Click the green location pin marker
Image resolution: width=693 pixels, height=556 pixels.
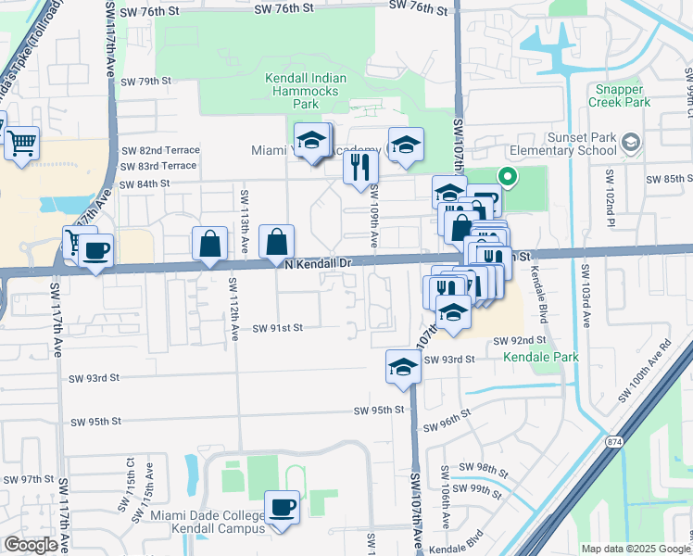pos(507,175)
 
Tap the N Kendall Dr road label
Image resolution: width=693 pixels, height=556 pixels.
pos(319,264)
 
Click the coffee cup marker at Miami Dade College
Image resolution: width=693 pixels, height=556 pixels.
pos(282,508)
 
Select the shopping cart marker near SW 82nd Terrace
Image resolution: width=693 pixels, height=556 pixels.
pos(20,143)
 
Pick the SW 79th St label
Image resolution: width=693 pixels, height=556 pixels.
pos(146,82)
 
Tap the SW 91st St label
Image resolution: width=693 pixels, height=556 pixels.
pos(277,328)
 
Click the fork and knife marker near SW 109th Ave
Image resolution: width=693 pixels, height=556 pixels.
pos(359,167)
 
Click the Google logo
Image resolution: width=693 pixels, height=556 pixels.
pos(30,545)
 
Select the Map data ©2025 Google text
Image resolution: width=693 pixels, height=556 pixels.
pos(635,549)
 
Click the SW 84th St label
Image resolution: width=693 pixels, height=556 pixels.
pos(146,183)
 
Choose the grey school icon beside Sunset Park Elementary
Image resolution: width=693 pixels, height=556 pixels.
pos(631,143)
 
